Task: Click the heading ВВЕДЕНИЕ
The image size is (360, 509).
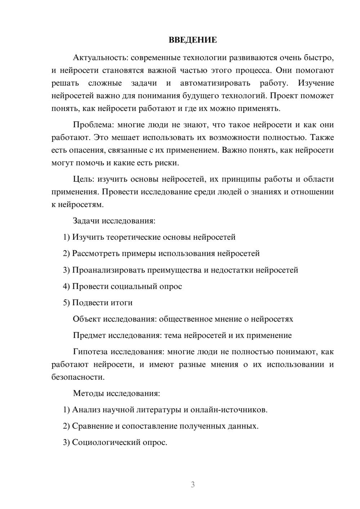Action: coord(193,40)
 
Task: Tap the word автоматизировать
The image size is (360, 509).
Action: coord(215,83)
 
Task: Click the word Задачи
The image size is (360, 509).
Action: coord(86,221)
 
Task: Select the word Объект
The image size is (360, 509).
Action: coord(87,319)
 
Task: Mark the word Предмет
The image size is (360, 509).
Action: coord(89,335)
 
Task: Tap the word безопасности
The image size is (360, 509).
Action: coord(78,377)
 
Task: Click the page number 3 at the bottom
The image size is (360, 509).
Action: coord(193,485)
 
